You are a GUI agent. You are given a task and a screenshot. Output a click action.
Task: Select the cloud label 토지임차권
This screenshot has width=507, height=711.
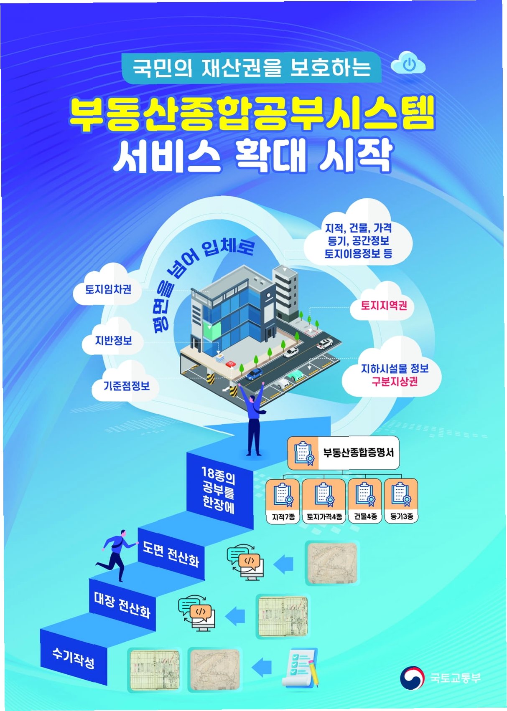tap(108, 289)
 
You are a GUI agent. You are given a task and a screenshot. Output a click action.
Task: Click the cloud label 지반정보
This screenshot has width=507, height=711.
tap(113, 340)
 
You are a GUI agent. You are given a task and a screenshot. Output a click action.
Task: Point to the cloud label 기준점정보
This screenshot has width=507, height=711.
tap(127, 385)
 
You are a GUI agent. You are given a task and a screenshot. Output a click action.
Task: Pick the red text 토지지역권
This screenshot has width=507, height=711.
tap(384, 306)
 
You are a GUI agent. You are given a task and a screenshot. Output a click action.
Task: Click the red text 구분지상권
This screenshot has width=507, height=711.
tap(395, 382)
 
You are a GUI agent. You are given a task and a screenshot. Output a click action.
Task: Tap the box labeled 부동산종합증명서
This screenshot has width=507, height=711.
tap(343, 453)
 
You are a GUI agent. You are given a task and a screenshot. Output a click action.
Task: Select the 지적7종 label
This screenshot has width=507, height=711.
tap(283, 517)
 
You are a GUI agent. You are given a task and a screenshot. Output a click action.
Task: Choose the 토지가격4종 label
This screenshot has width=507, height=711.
tap(324, 517)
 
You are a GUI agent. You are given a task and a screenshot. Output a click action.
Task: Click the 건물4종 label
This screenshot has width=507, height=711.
tap(365, 516)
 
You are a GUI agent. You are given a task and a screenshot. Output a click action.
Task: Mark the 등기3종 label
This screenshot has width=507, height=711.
tap(401, 516)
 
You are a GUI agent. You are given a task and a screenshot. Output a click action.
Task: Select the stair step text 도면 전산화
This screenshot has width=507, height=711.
tap(171, 554)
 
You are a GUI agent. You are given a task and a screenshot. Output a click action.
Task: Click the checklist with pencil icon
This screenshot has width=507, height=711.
tap(301, 667)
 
